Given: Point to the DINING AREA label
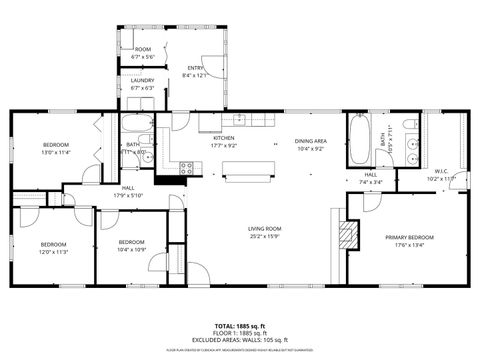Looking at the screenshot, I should pyautogui.click(x=311, y=141).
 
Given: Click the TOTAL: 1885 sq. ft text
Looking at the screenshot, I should pyautogui.click(x=240, y=326).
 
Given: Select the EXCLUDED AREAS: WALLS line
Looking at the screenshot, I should pyautogui.click(x=240, y=340).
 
